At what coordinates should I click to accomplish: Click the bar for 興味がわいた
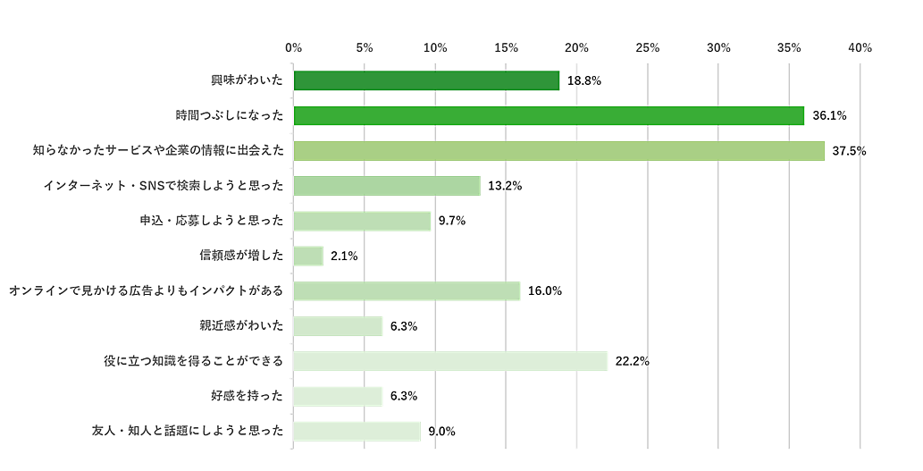tap(426, 80)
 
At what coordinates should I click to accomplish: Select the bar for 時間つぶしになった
tap(549, 115)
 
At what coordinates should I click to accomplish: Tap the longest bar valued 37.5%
tap(558, 151)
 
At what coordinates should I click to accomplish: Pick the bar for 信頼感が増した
tap(308, 257)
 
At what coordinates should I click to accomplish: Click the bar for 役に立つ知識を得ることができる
tap(450, 361)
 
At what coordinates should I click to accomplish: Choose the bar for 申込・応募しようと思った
tap(362, 221)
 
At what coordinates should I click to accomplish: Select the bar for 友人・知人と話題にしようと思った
tap(357, 432)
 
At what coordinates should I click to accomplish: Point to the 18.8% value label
tap(584, 80)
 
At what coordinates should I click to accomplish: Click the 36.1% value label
tap(829, 115)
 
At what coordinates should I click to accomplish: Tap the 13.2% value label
tap(505, 186)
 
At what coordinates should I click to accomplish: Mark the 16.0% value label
tap(544, 291)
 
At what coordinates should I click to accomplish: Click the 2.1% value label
tap(344, 257)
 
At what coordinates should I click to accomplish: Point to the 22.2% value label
tap(632, 361)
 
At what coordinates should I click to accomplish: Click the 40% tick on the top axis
tap(860, 47)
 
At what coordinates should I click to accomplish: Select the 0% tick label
tap(293, 47)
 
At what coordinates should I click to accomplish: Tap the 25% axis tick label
tap(647, 47)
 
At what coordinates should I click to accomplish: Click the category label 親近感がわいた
tap(241, 326)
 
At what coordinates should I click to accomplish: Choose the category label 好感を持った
tap(248, 396)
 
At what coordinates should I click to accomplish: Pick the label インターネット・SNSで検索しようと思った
tap(164, 186)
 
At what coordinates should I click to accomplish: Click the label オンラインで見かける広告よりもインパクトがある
tap(146, 291)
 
